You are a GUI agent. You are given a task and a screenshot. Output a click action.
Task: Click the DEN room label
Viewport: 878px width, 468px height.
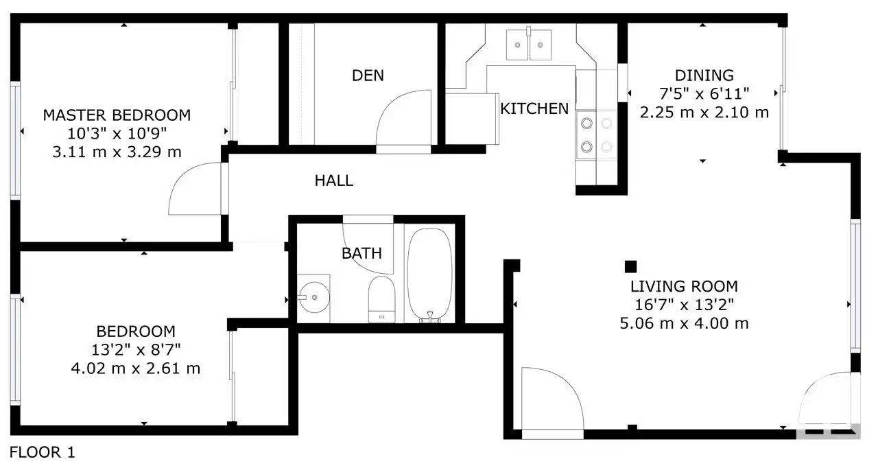pyautogui.click(x=368, y=75)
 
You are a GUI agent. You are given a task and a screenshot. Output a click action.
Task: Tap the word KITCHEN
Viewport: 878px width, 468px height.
pyautogui.click(x=534, y=108)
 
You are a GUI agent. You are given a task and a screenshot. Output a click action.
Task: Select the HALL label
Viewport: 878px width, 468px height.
pyautogui.click(x=334, y=180)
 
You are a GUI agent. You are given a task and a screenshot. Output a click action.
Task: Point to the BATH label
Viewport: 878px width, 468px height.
pyautogui.click(x=361, y=253)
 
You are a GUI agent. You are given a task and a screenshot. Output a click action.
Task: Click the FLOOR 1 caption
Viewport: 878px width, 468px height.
pyautogui.click(x=42, y=452)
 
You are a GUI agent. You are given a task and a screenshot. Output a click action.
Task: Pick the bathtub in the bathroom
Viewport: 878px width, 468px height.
pyautogui.click(x=429, y=275)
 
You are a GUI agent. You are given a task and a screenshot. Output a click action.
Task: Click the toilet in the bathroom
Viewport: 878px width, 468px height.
pyautogui.click(x=381, y=299)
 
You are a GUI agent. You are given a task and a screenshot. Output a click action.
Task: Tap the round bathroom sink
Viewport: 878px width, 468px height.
pyautogui.click(x=313, y=297)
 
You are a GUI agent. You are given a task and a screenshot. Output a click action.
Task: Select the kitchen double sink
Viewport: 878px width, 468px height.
pyautogui.click(x=529, y=45)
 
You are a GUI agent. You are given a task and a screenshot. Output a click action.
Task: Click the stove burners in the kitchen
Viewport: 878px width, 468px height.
pyautogui.click(x=596, y=135)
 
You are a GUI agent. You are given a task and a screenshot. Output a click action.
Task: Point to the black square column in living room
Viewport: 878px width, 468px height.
pyautogui.click(x=630, y=266)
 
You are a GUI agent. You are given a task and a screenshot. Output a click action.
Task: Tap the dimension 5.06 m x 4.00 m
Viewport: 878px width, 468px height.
pyautogui.click(x=684, y=323)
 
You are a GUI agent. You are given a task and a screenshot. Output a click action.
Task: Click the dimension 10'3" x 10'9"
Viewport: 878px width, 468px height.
pyautogui.click(x=117, y=134)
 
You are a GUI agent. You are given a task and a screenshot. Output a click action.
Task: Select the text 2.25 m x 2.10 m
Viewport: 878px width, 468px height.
pyautogui.click(x=704, y=113)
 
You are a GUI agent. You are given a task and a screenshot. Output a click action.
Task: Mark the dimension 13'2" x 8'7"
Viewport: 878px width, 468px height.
pyautogui.click(x=136, y=350)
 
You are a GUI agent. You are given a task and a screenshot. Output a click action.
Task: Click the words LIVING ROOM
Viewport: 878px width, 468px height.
pyautogui.click(x=684, y=287)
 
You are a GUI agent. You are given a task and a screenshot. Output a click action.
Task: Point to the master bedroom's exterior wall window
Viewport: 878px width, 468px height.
pyautogui.click(x=15, y=140)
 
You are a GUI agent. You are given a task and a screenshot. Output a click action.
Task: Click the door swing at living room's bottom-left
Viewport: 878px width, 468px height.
pyautogui.click(x=552, y=399)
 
